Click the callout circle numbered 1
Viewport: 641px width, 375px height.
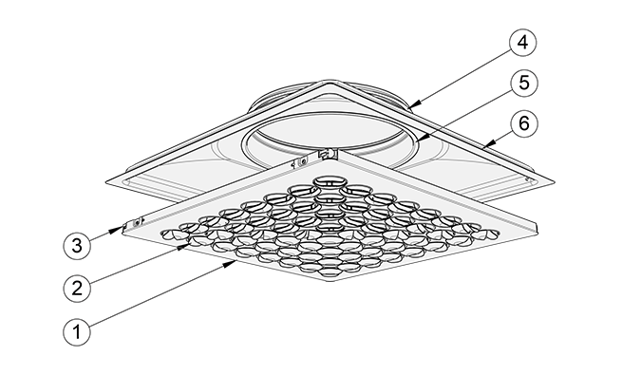[79, 332]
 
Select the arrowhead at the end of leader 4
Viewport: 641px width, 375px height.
[414, 105]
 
